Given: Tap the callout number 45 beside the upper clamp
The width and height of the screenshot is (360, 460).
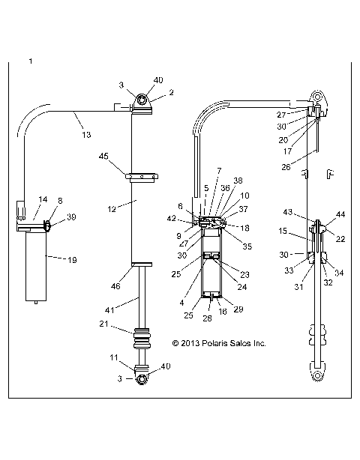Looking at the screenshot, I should pos(104,156).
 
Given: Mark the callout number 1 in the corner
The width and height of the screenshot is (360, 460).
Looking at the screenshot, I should pos(30,59).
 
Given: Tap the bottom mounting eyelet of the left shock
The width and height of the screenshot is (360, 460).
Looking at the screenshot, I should pos(141,379).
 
